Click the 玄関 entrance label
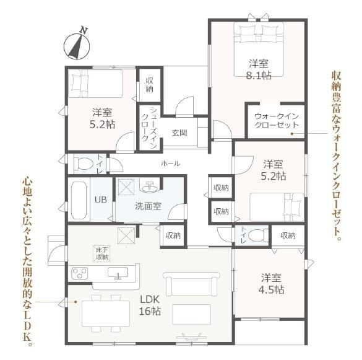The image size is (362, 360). [x=179, y=133]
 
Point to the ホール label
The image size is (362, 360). [x=170, y=164]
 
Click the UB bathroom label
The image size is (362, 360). [x=100, y=200]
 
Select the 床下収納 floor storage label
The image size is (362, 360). [x=102, y=253]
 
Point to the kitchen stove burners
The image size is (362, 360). [x=81, y=273]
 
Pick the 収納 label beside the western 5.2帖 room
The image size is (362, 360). [x=149, y=85]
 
